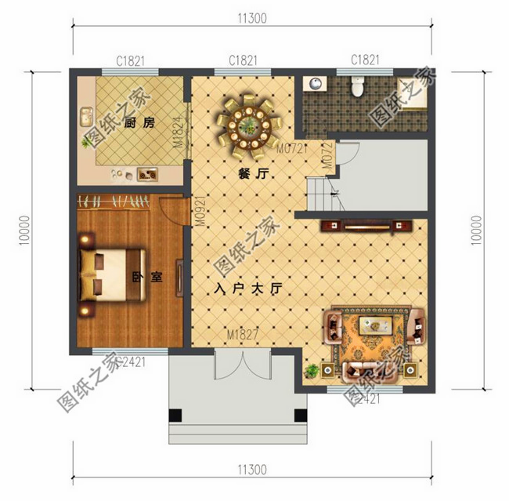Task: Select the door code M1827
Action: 243,336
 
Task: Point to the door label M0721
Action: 289,147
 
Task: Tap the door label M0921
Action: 200,212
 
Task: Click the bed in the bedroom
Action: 111,273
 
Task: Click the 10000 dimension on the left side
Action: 24,231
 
